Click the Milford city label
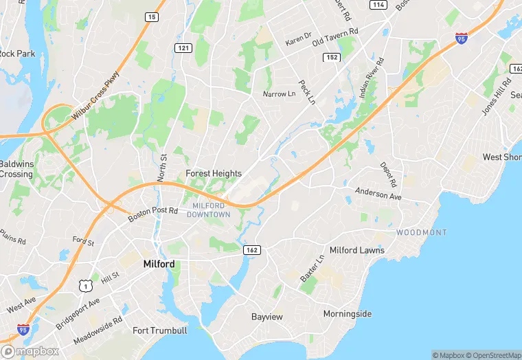[x=159, y=264]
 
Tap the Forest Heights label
[x=214, y=174]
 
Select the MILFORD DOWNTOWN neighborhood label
[x=209, y=210]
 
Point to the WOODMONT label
[x=421, y=233]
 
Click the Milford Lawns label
[x=357, y=250]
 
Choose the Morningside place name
[x=348, y=314]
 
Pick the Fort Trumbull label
[x=160, y=330]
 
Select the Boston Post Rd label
[x=153, y=214]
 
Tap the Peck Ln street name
[x=306, y=89]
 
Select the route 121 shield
[x=183, y=47]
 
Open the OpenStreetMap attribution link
[x=492, y=355]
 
